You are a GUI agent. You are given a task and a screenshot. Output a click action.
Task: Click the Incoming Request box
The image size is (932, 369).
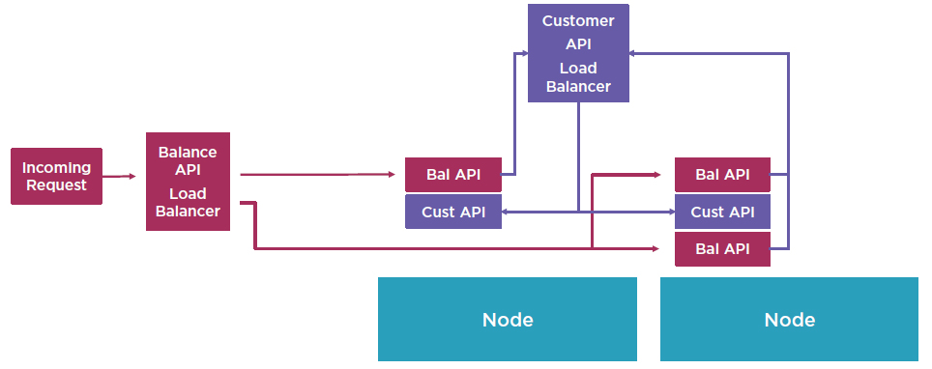pos(56,176)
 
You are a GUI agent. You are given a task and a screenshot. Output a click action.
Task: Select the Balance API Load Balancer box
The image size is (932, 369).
pos(188,182)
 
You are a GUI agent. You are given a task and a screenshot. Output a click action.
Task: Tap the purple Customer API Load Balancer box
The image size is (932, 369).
pos(578,53)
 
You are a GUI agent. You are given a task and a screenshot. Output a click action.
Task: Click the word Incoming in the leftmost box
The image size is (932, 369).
pos(56,167)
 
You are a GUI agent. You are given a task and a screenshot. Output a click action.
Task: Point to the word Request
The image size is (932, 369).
pos(56,185)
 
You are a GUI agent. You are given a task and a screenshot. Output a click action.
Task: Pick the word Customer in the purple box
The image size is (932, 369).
pos(578,20)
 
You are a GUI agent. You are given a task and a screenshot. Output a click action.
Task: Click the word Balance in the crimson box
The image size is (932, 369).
pos(188,152)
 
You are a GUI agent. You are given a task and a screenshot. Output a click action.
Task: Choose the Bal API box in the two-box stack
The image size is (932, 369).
pos(452,175)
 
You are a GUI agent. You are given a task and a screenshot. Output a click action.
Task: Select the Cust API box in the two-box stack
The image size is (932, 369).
pos(452,212)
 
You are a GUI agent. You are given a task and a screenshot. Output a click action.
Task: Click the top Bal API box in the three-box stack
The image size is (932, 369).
pos(722,175)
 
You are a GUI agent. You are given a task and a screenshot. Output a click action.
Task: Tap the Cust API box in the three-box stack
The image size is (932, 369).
pos(722,212)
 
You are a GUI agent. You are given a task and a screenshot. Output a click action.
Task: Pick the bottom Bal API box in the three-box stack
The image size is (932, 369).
pos(722,248)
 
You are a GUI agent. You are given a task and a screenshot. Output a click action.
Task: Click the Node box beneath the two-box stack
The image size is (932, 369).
pos(507,320)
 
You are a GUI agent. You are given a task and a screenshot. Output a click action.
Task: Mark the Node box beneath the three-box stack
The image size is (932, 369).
pos(789,320)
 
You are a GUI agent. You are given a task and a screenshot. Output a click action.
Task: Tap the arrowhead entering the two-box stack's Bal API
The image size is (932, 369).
pos(392,175)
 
